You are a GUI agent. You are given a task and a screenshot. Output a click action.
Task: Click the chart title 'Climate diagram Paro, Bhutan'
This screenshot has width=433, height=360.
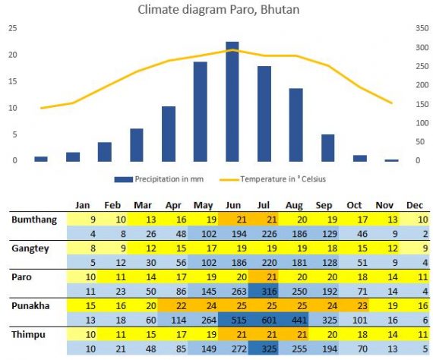coord(219,10)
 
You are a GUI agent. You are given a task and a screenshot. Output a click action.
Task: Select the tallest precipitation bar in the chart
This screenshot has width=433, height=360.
coord(232,101)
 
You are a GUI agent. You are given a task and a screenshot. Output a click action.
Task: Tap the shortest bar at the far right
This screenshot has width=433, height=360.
coord(391,159)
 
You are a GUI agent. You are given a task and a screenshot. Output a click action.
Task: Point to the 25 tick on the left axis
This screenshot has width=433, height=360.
coord(12,28)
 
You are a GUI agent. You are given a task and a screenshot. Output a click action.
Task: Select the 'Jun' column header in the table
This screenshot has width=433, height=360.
coord(232,205)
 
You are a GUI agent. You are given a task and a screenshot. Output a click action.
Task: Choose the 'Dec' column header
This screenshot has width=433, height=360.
coord(415,205)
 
